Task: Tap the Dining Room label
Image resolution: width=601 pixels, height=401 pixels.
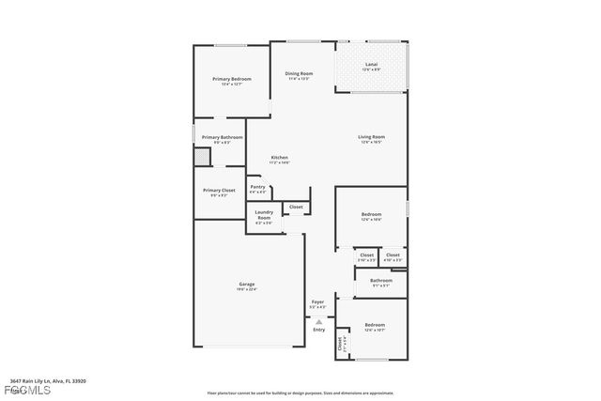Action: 300,73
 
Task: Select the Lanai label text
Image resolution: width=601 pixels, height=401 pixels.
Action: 371,64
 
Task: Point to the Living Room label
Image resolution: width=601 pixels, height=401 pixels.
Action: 371,137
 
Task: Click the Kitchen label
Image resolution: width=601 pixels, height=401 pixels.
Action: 279,157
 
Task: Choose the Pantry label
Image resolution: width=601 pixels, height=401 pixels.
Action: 257,187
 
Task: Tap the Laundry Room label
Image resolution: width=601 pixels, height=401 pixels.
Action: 264,215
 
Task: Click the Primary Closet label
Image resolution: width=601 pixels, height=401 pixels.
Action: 219,191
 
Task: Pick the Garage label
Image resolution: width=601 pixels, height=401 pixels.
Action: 246,284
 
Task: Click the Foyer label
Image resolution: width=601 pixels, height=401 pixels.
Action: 317,302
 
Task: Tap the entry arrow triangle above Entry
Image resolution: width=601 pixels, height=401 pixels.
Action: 318,321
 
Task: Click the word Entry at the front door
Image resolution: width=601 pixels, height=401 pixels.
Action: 318,330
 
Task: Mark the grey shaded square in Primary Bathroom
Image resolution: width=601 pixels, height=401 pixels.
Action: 203,157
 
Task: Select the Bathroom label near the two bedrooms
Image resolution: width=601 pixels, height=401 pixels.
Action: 380,280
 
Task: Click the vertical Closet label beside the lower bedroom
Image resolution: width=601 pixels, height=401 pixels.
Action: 340,345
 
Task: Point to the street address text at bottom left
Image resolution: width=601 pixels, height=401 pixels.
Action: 48,381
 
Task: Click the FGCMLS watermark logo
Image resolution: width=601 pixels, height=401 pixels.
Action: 15,391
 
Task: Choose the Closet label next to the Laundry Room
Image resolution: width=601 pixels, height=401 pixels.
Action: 296,207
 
